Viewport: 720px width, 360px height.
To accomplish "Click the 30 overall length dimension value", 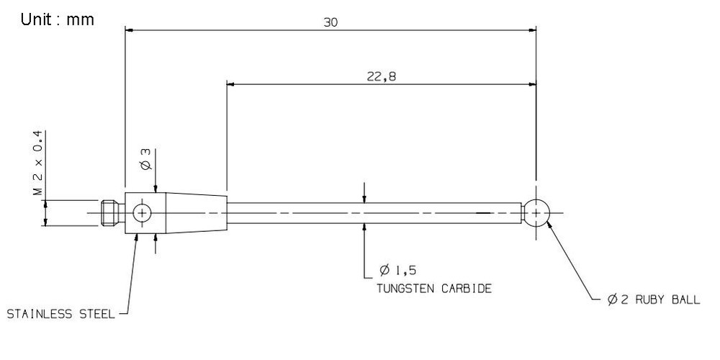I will coord(330,22).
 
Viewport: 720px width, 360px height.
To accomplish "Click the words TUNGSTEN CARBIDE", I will coord(434,288).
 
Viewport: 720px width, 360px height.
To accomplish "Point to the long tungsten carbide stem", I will coord(374,213).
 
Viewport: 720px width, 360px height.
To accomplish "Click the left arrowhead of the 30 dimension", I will coord(130,30).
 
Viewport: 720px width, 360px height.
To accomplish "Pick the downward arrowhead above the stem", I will coord(364,198).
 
